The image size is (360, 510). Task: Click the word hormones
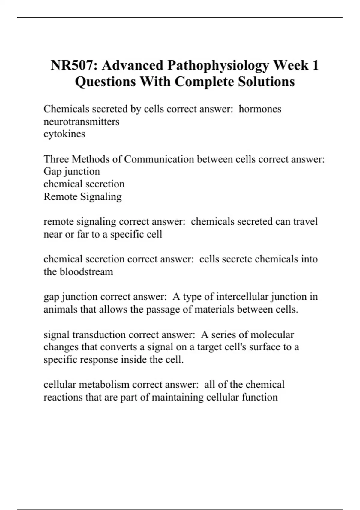(260, 109)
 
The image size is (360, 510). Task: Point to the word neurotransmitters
(81, 121)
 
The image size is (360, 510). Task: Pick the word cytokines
(64, 134)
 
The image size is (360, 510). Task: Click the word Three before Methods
(56, 159)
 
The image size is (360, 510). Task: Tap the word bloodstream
(86, 272)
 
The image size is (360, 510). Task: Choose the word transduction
(100, 334)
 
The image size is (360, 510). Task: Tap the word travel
(305, 222)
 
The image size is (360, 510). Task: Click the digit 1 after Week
(315, 66)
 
